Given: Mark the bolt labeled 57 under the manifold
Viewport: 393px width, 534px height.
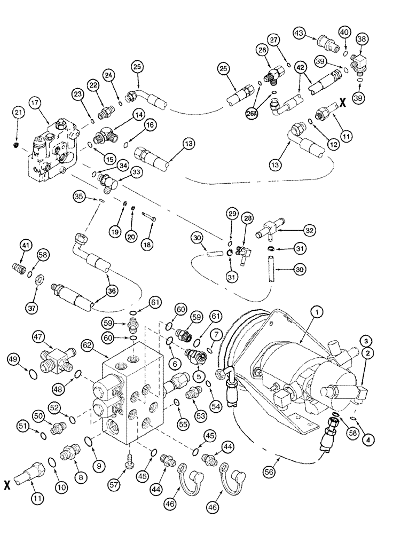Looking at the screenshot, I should coord(128,456).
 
